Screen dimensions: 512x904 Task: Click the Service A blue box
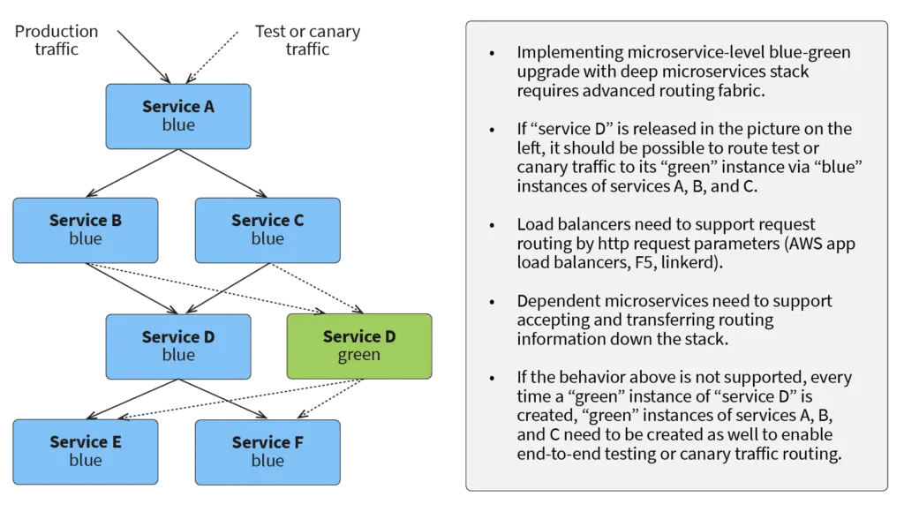coord(178,116)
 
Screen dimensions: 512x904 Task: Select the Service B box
coord(86,230)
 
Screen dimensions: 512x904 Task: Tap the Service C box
coord(267,230)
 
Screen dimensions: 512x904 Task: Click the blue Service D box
coord(178,345)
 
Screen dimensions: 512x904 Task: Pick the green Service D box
coord(359,345)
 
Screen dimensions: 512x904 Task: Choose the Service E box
coord(86,450)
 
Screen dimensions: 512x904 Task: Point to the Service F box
coord(267,450)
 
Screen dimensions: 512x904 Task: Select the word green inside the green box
coord(359,355)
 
